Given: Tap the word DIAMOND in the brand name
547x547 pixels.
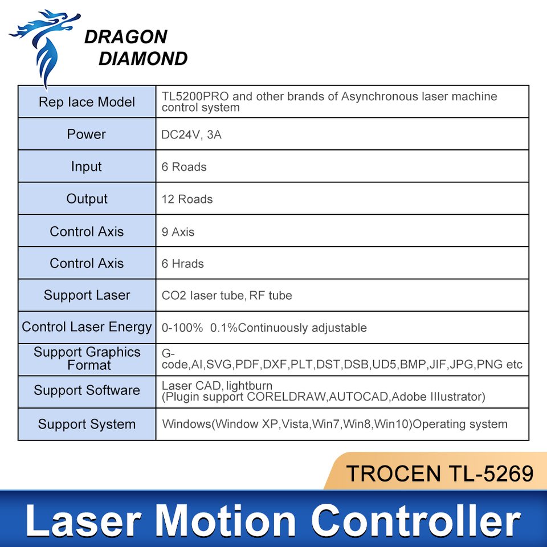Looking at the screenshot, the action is coord(143,59).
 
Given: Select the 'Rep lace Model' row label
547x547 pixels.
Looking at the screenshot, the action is coord(87,102).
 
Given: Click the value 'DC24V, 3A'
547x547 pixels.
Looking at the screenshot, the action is coord(191,134).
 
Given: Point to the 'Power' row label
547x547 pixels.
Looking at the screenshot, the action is coord(86,134).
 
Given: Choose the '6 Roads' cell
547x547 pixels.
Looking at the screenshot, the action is coord(184,167).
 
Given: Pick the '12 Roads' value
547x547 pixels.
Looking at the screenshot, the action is coord(187,199).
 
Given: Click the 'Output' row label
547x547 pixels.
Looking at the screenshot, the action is coord(87,199).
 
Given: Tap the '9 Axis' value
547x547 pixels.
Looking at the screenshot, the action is coord(178,232).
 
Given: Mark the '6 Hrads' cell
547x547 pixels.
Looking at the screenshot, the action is coord(182,264).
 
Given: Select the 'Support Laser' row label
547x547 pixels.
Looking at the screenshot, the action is coord(87,295).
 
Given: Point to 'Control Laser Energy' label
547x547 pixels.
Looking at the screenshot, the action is coord(87,327).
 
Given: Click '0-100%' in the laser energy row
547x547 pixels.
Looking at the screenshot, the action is coord(182,328).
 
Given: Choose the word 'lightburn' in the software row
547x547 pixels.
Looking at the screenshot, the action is coord(249,386).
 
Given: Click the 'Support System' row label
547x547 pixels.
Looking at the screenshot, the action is coord(87,424).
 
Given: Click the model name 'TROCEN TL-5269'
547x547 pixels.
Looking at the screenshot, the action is coord(439,473).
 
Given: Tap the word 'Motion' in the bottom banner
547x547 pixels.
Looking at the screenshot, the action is coord(225,521).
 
